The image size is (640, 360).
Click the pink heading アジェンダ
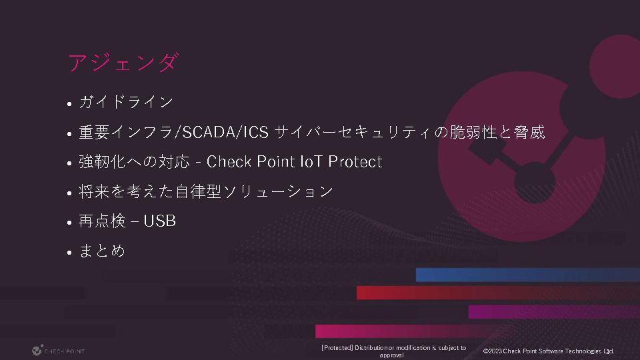(123, 63)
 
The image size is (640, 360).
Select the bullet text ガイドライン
(126, 102)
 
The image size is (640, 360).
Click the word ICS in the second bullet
(256, 132)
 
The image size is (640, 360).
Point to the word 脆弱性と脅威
(497, 132)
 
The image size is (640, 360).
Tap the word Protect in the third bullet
(355, 161)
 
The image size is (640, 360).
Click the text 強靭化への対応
(134, 161)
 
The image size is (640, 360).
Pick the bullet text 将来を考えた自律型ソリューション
(206, 191)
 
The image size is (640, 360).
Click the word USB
(159, 221)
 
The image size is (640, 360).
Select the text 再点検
(102, 221)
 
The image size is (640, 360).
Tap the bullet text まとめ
(102, 251)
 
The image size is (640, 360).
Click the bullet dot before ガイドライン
(69, 104)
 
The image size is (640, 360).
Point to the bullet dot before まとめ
(69, 252)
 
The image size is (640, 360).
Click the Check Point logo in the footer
(58, 351)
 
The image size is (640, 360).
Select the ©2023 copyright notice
(549, 351)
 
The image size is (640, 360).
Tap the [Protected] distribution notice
(393, 351)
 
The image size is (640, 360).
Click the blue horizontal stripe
(528, 275)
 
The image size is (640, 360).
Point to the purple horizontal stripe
(554, 312)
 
